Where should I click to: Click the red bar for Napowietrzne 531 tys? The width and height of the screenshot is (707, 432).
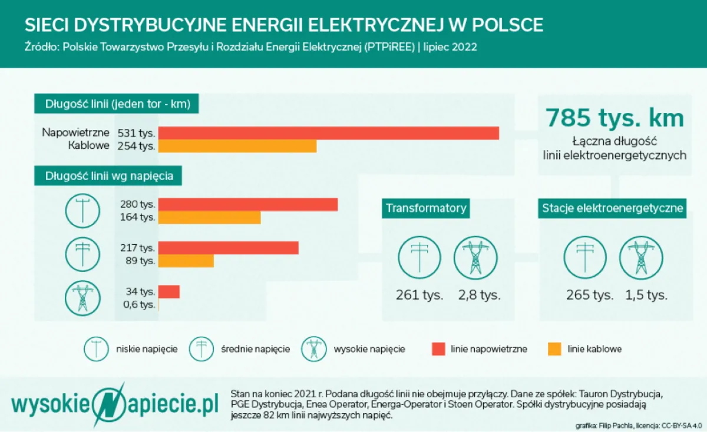[328, 133]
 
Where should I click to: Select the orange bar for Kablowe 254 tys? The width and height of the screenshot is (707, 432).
[237, 146]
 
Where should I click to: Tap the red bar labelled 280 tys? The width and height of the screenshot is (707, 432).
[247, 204]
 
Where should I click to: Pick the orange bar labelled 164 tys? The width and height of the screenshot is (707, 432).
[209, 218]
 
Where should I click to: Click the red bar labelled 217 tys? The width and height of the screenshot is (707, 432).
[228, 248]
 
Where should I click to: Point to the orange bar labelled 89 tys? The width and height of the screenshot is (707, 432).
[186, 261]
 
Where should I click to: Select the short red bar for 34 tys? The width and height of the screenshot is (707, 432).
[169, 291]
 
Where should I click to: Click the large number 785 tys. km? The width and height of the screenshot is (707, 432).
[615, 118]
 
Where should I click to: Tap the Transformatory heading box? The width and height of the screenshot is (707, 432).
[426, 208]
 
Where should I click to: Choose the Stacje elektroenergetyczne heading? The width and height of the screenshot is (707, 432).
[612, 208]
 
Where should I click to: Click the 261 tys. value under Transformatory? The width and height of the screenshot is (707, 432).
[419, 295]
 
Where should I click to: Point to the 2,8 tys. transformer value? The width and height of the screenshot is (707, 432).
[479, 295]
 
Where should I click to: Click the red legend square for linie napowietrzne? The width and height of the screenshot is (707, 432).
[438, 349]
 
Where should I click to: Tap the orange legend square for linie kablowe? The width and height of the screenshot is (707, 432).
[554, 349]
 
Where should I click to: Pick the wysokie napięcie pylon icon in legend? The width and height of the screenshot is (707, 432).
[313, 349]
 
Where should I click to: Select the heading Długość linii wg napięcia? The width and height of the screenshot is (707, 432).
[108, 176]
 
